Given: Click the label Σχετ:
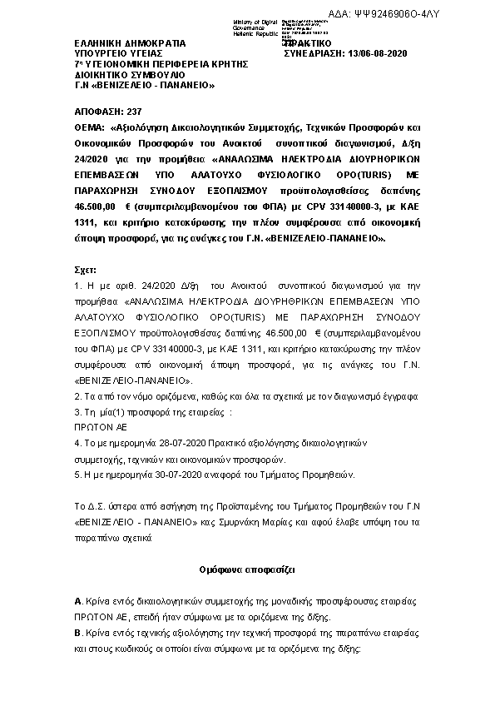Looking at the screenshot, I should [86, 270].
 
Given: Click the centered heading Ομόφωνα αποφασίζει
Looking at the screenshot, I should [247, 570].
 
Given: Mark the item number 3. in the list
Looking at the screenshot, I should [78, 411].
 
